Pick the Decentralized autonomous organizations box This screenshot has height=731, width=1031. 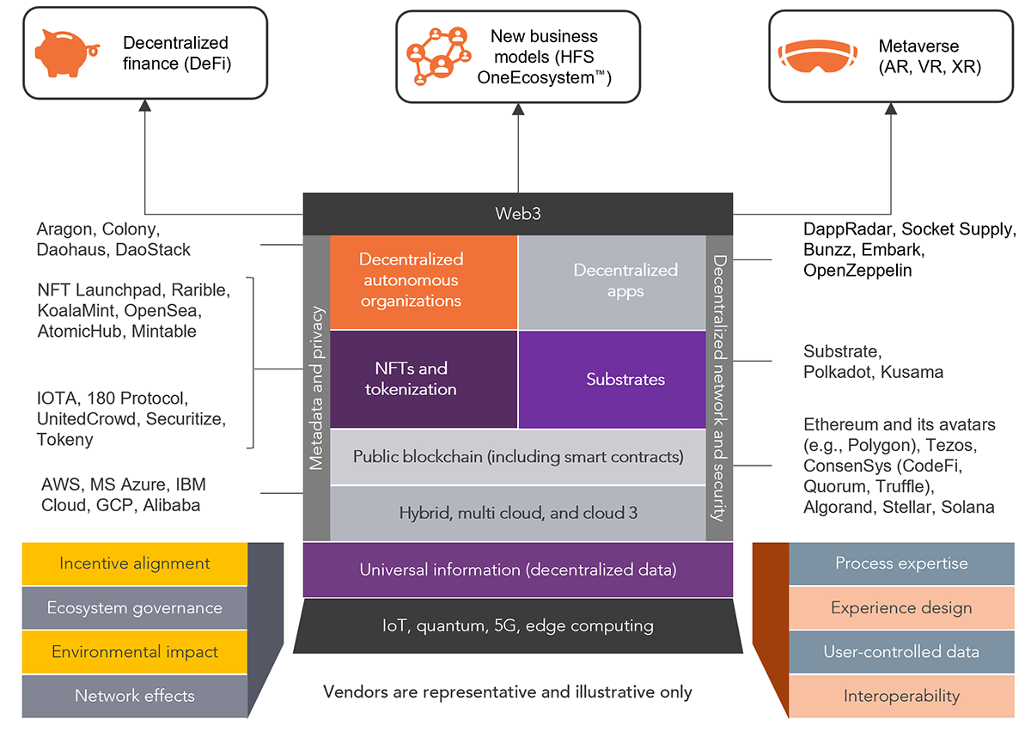click(x=412, y=280)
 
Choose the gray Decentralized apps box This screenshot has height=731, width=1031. click(x=625, y=281)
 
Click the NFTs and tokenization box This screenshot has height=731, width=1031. click(x=412, y=379)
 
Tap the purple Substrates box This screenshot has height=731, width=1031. click(x=625, y=379)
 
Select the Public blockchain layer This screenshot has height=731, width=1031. click(x=518, y=457)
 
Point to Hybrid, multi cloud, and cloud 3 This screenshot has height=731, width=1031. click(x=518, y=514)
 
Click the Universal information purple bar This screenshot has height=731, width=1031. click(x=518, y=570)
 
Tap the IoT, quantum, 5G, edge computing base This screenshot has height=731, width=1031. click(x=518, y=626)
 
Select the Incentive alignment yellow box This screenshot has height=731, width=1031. click(x=135, y=564)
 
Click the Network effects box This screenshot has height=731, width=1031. click(x=135, y=696)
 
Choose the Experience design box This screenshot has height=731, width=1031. click(x=901, y=608)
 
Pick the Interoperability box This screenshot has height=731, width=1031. click(x=901, y=696)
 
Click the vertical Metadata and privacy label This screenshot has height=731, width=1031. click(x=316, y=388)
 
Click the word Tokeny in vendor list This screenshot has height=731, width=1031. click(x=65, y=439)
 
